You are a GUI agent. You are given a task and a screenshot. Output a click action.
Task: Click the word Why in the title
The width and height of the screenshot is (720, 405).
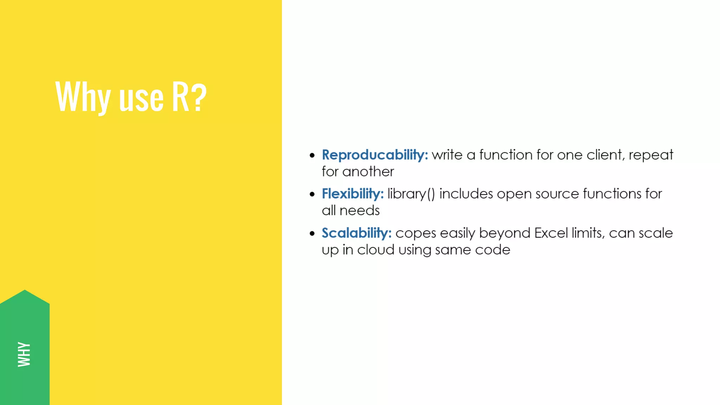[83, 97]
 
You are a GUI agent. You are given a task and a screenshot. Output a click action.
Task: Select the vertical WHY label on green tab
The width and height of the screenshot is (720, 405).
[24, 354]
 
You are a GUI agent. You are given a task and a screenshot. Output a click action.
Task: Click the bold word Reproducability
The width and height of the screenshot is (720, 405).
[375, 155]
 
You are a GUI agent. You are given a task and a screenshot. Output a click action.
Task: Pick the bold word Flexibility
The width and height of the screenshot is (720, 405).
[353, 194]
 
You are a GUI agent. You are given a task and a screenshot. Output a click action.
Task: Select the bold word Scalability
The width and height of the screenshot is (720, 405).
[356, 233]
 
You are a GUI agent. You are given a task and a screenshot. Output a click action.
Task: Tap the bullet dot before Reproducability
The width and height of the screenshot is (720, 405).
[312, 155]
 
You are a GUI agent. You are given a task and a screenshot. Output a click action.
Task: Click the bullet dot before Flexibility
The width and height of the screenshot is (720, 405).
[312, 194]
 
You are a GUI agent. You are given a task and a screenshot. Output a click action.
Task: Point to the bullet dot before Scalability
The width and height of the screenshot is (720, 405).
[312, 233]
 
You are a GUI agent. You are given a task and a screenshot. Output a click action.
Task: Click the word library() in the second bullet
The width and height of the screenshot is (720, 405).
[411, 194]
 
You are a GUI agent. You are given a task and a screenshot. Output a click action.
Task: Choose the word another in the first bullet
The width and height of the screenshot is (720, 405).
[368, 172]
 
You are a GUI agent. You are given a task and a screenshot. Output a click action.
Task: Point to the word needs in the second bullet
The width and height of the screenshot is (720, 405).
[360, 211]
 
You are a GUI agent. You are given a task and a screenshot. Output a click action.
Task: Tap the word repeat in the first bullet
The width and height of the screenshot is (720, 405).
[651, 155]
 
